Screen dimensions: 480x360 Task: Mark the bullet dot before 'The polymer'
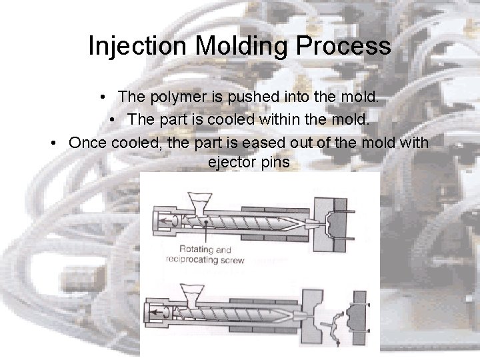pyautogui.click(x=106, y=97)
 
